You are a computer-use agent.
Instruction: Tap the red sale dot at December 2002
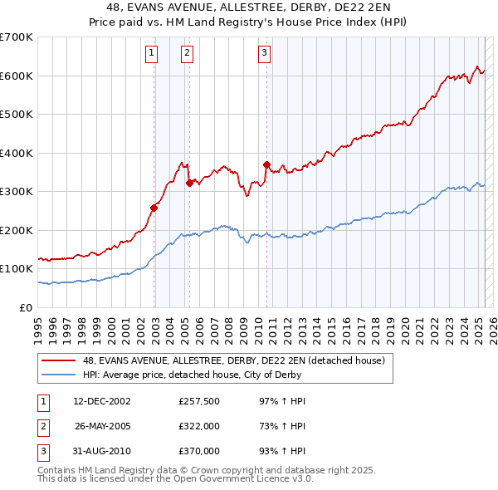[x=154, y=208]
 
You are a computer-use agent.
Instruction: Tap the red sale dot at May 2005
[x=189, y=183]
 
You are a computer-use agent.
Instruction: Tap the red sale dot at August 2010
[x=266, y=164]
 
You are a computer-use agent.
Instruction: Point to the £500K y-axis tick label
[x=17, y=114]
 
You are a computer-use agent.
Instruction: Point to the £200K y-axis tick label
[x=17, y=230]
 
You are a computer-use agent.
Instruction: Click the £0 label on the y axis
[x=25, y=307]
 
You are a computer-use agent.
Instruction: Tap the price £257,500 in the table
[x=198, y=401]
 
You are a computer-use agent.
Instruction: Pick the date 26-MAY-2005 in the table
[x=103, y=426]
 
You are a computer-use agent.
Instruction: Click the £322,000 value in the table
[x=198, y=426]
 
